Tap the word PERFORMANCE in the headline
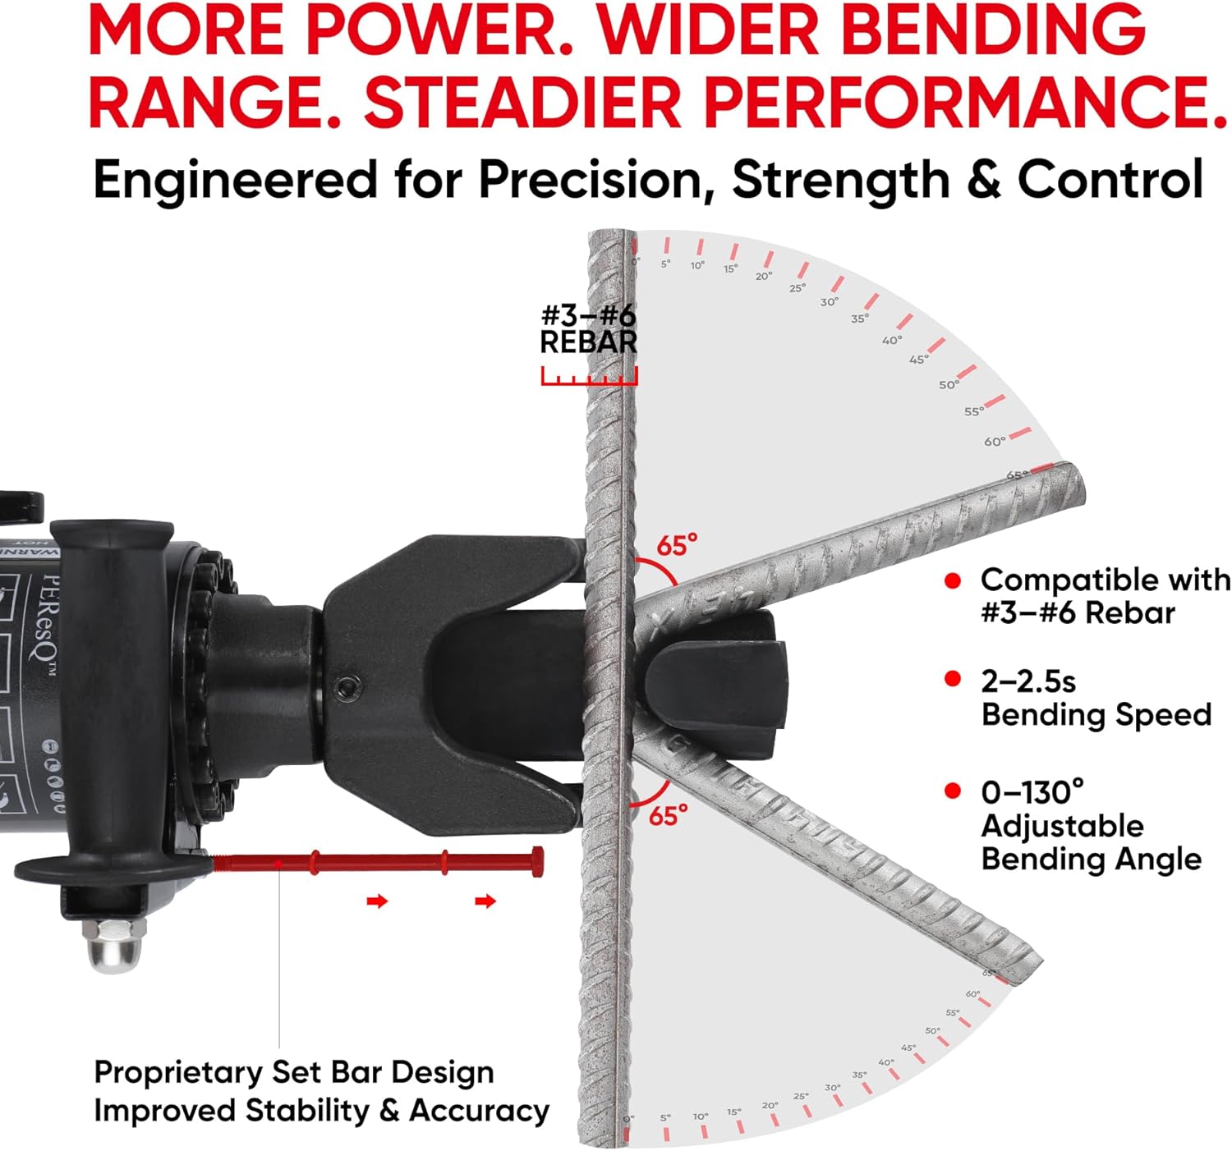point(965,103)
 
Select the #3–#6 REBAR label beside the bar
point(588,328)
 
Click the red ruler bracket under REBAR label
point(589,378)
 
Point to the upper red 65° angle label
point(677,545)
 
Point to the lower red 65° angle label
point(669,816)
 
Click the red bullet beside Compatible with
point(953,581)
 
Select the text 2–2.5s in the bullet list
point(1027,681)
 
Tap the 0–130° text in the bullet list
point(1032,792)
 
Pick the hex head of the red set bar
point(538,861)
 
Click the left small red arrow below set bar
point(377,901)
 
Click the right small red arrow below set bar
point(485,901)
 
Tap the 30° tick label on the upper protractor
point(830,302)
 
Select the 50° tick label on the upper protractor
point(949,384)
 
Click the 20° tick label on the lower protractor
point(770,1106)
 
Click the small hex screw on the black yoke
point(349,686)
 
